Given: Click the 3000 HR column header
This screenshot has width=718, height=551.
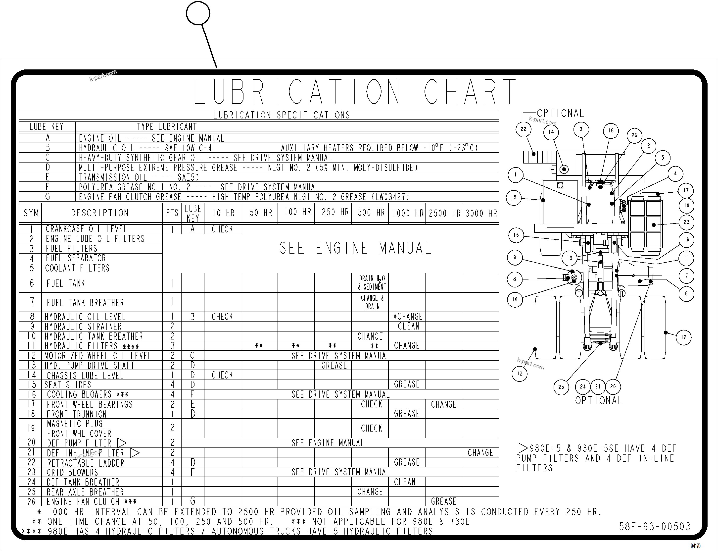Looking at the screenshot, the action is click(481, 214).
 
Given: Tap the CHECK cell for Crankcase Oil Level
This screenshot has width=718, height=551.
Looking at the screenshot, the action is click(222, 229).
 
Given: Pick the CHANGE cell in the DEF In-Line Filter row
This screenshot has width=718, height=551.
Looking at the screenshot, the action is click(480, 453).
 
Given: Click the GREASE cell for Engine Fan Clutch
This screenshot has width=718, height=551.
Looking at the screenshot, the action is click(443, 501).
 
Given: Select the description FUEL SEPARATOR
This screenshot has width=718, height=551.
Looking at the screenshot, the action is click(76, 258).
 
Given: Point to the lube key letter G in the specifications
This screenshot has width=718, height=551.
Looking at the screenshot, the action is click(48, 196).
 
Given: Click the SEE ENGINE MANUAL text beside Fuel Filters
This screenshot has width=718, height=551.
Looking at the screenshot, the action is click(355, 248).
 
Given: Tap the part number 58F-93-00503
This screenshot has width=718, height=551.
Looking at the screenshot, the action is click(654, 527).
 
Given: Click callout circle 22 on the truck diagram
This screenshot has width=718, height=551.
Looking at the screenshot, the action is click(523, 129).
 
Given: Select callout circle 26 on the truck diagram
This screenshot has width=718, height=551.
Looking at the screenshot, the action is click(634, 135).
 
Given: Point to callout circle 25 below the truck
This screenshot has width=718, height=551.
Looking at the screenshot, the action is click(561, 387).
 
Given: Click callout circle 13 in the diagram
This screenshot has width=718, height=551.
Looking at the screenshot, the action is click(570, 258).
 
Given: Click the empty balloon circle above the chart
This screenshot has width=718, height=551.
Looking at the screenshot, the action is click(198, 13).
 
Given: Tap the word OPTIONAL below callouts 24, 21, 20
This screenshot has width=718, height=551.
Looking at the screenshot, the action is click(598, 400).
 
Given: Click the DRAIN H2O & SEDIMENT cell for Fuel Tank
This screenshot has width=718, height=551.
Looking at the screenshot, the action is click(372, 282).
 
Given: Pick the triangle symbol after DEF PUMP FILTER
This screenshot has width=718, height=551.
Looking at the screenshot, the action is click(122, 443).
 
